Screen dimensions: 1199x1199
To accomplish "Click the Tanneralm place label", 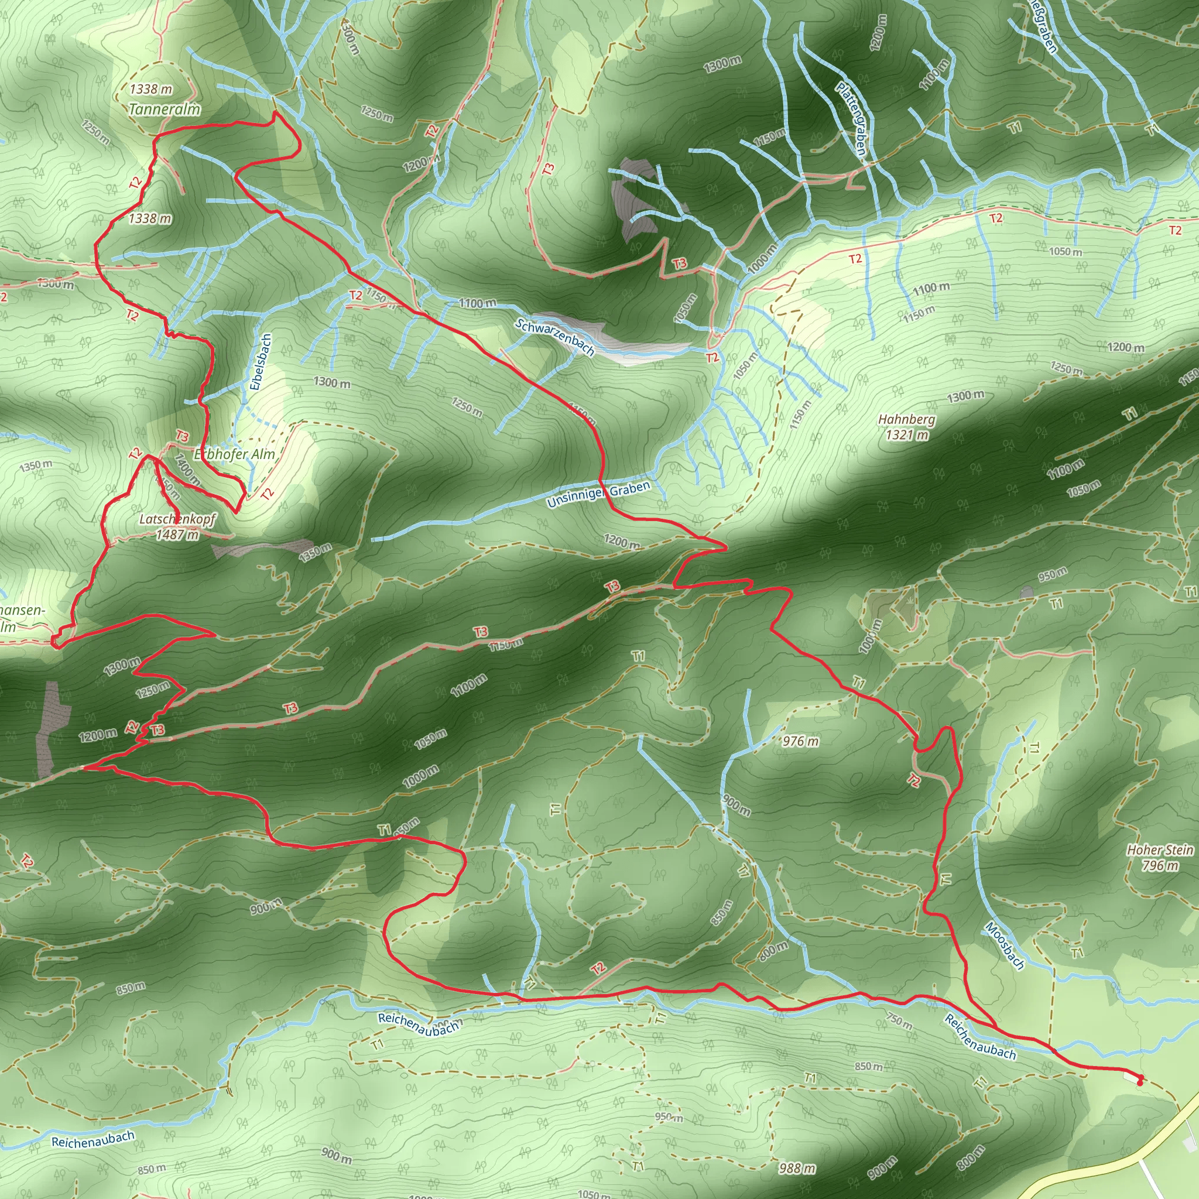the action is click(x=165, y=110).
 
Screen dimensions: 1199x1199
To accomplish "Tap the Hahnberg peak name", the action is click(x=906, y=420).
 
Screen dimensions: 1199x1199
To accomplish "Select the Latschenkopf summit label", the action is click(x=177, y=519).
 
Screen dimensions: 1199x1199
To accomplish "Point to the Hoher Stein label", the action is click(x=1160, y=850).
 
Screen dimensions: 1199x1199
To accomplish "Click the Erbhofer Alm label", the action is click(x=234, y=454).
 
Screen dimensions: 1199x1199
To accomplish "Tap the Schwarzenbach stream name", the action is click(x=554, y=337).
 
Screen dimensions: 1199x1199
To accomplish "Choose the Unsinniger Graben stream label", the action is click(x=598, y=494).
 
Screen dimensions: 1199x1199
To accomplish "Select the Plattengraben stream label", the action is click(x=850, y=118).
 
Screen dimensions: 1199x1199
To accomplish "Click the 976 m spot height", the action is click(x=800, y=741).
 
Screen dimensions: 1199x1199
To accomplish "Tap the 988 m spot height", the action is click(x=797, y=1169).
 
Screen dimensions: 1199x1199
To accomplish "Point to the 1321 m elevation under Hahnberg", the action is click(x=907, y=435).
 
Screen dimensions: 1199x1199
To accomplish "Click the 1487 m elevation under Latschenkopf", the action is click(x=177, y=535).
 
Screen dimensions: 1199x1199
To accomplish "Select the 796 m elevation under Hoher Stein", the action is click(x=1160, y=865).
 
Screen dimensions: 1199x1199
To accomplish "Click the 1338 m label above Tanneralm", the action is click(x=151, y=90).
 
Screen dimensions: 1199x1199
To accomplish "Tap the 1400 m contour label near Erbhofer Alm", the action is click(x=187, y=469).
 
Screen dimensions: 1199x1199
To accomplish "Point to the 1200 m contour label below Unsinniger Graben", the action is click(x=622, y=541).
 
